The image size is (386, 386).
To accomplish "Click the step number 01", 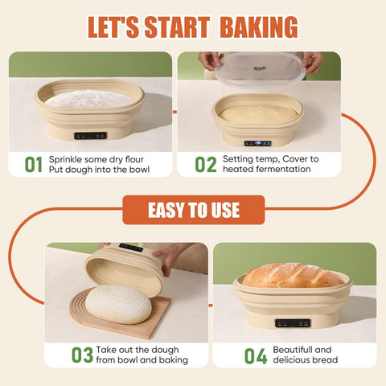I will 33,165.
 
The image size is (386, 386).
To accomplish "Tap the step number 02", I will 206,165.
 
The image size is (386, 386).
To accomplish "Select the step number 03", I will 83,355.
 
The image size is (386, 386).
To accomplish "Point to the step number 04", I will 255,355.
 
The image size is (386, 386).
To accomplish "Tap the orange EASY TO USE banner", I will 193,210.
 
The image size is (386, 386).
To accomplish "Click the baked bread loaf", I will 293,275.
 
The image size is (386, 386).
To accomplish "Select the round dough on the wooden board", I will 118,303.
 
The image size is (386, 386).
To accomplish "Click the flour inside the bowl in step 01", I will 88,100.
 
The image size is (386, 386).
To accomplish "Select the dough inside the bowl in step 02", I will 259,115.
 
